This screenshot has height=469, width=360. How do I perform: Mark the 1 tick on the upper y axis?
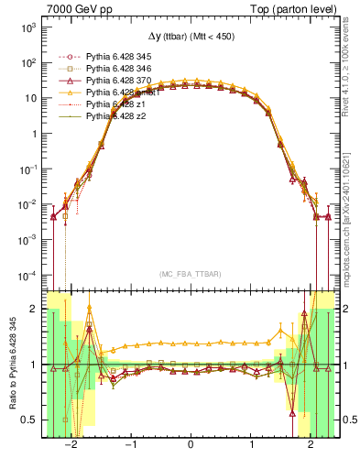click(33, 134)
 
